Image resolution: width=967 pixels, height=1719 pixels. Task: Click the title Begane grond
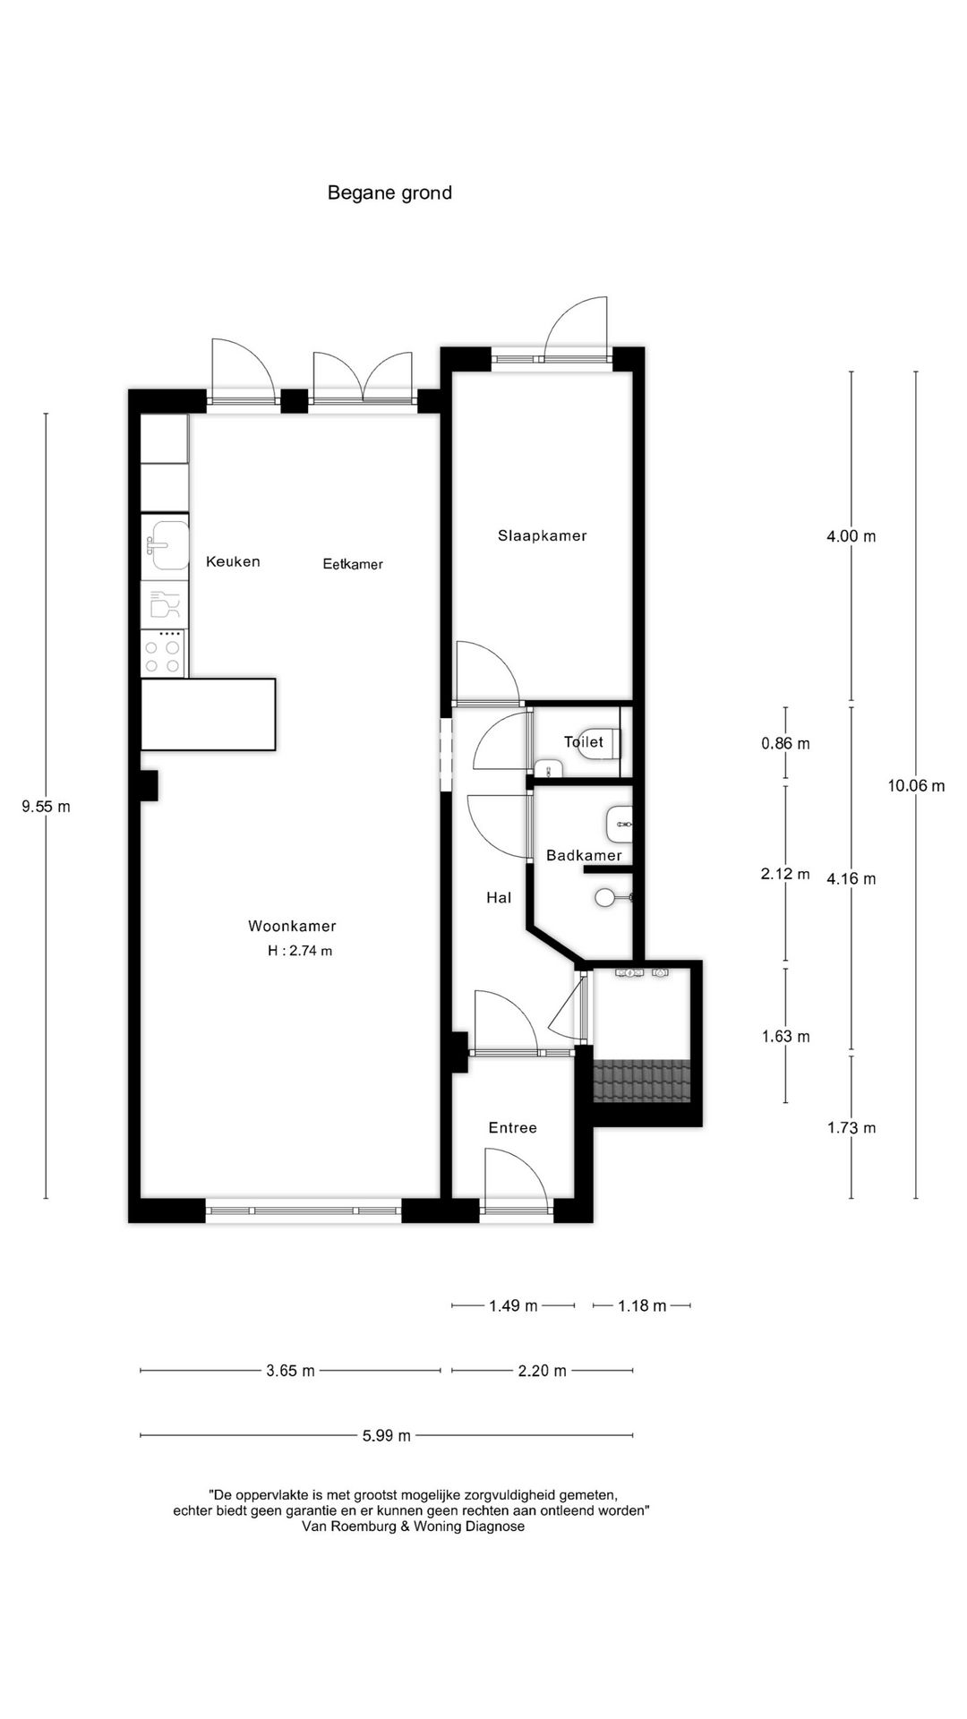389,192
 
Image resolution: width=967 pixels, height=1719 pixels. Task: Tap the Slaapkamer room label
542,535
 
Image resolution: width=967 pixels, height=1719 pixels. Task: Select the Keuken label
233,561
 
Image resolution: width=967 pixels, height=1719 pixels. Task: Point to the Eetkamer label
353,564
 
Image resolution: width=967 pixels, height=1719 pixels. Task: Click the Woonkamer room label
292,926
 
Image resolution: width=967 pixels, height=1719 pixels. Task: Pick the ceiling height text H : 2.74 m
300,951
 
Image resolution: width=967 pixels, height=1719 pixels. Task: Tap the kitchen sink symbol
166,544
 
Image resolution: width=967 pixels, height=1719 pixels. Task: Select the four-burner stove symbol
164,653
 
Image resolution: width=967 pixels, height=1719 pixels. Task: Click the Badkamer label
584,855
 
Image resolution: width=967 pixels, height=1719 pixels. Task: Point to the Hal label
499,897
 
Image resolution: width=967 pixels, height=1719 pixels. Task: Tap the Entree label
512,1127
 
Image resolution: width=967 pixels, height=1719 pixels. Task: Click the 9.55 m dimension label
46,806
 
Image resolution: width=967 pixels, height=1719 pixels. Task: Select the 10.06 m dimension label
916,786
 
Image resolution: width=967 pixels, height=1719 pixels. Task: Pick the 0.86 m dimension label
785,743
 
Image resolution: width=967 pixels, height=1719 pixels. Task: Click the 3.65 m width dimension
290,1370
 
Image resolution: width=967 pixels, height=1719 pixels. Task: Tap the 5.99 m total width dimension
387,1435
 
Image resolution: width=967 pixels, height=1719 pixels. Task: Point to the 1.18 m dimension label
642,1305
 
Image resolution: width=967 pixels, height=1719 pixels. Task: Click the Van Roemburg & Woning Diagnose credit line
413,1526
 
